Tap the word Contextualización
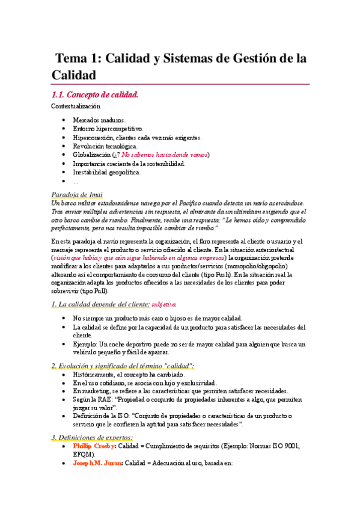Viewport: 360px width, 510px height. [76, 106]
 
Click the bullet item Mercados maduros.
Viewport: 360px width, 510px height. [99, 120]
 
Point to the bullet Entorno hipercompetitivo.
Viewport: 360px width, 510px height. [108, 128]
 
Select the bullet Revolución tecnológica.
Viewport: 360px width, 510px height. [105, 146]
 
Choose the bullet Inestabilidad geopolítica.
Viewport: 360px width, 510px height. [107, 172]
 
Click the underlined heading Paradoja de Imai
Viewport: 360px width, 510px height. [77, 194]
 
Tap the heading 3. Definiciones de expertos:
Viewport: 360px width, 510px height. [92, 437]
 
